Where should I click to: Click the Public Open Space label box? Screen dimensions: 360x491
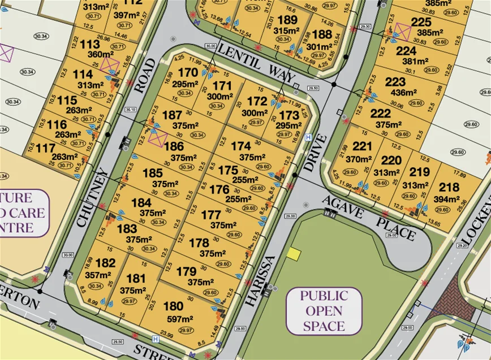click(x=324, y=311)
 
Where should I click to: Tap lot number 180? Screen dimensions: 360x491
click(x=173, y=307)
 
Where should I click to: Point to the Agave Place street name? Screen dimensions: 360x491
click(x=369, y=218)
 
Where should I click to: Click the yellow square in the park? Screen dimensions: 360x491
click(x=294, y=254)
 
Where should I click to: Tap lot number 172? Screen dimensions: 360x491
click(x=257, y=102)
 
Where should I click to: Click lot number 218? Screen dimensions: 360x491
click(x=449, y=188)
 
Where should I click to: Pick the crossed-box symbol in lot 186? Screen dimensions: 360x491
click(x=159, y=137)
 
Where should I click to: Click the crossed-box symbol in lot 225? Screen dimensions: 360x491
click(x=404, y=31)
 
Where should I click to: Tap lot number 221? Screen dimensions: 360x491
click(x=363, y=147)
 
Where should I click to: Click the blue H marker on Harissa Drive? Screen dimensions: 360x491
click(x=308, y=137)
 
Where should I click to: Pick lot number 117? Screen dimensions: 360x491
click(x=45, y=148)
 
